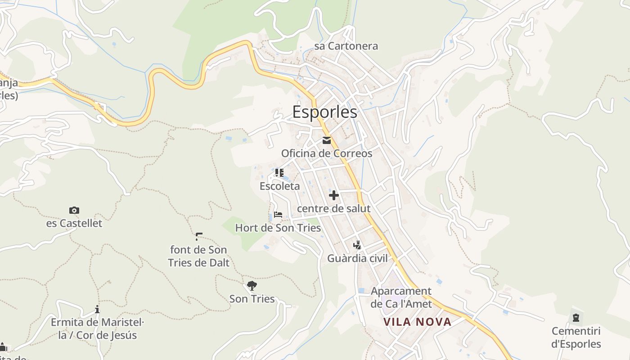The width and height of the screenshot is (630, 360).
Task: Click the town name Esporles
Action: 325,112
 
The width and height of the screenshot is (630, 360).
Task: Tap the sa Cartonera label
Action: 346,46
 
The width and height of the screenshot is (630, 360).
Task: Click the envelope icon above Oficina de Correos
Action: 327,140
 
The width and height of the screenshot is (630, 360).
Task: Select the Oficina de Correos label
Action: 327,153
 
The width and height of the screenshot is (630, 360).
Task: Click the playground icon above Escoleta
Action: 279,173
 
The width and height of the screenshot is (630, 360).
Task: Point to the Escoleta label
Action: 279,186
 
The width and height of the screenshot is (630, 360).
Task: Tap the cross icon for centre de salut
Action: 334,195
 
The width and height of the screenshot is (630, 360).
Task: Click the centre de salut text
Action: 334,208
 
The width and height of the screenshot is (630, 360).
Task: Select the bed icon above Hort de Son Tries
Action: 278,215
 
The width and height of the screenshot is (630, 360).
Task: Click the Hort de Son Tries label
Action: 278,228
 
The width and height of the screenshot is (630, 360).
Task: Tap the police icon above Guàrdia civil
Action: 357,245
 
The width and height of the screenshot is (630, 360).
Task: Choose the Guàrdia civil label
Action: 357,258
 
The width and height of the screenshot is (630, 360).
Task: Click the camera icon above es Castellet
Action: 74,210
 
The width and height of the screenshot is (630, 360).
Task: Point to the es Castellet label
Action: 74,223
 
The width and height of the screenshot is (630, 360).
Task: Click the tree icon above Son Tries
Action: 252,285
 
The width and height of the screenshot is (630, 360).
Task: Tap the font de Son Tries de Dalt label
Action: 198,256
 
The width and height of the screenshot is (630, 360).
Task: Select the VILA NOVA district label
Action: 417,322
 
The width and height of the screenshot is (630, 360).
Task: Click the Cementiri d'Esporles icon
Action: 576,318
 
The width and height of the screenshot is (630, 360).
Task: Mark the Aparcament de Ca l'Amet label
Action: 401,297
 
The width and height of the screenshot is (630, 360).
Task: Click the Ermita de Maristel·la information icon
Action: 97,309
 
